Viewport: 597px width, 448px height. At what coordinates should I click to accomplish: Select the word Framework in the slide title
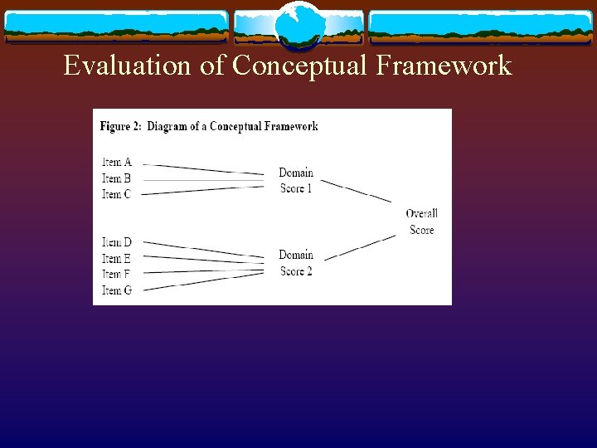[444, 65]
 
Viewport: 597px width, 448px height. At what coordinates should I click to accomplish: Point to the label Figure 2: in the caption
[121, 126]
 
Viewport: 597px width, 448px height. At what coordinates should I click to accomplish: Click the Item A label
[117, 162]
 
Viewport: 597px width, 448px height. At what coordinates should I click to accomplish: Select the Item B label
[117, 178]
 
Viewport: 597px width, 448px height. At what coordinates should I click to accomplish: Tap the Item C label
[117, 194]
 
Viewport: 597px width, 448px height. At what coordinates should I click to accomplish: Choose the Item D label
[117, 242]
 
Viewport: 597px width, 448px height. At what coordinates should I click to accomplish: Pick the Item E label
[117, 259]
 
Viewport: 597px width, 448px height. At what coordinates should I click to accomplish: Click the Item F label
[117, 274]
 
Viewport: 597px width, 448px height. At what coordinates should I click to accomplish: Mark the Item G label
[117, 290]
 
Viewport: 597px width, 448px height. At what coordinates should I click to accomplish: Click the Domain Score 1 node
[296, 180]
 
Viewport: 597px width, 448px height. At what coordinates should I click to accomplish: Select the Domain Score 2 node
[296, 263]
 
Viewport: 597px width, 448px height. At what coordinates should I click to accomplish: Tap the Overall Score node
[422, 222]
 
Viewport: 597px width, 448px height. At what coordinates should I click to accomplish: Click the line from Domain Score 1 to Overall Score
[357, 191]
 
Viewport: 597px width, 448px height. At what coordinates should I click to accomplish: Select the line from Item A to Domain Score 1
[207, 169]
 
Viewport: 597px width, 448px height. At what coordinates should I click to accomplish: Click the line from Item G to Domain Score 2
[207, 280]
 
